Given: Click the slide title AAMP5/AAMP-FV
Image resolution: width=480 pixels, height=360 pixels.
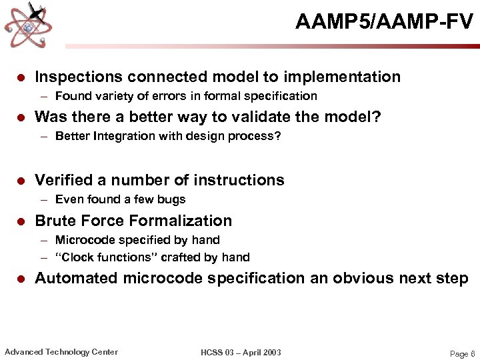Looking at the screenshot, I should tap(384, 23).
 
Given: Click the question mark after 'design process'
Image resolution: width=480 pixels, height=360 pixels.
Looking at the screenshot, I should tap(278, 136).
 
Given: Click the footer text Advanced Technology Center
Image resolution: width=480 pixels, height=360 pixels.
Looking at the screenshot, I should tap(61, 352).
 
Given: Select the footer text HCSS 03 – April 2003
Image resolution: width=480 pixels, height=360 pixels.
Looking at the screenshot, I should tap(241, 353).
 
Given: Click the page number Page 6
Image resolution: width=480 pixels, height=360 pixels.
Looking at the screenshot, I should tap(462, 354).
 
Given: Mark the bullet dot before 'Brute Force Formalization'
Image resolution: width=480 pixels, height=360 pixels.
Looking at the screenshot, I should tap(21, 221).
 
